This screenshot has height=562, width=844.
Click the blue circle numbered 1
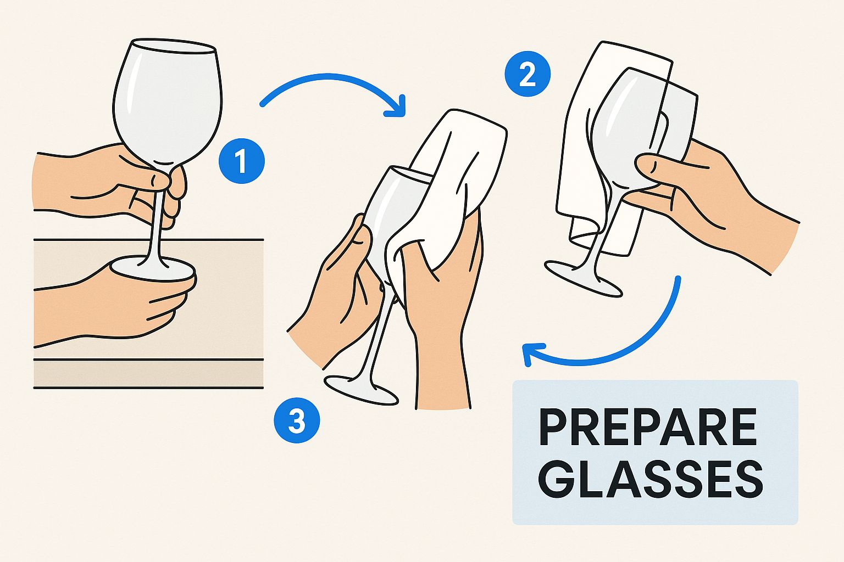point(241,162)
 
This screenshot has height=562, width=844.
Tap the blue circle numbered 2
point(527,74)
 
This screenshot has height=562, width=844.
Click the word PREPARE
point(648,428)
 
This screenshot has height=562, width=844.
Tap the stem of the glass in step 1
point(157,220)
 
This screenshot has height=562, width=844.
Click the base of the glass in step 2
point(582,279)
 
